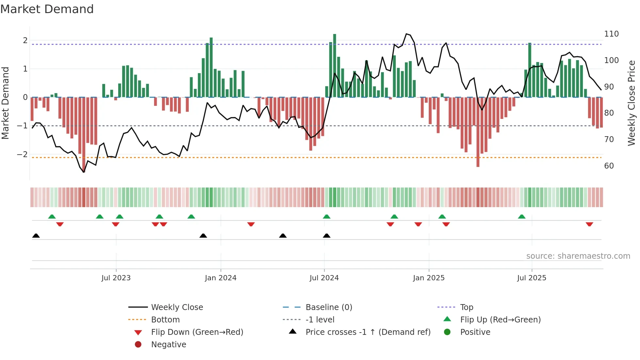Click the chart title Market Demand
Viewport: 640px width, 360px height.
[x=47, y=9]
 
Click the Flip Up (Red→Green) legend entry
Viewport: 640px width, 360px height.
[x=500, y=319]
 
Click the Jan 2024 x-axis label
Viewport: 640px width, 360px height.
[x=220, y=278]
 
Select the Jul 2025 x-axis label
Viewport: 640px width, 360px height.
[x=531, y=278]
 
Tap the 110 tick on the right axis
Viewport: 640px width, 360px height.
[x=611, y=34]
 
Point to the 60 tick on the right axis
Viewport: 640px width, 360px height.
[x=609, y=166]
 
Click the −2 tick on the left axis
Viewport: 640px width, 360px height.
[x=22, y=154]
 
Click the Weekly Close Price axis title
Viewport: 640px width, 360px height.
[x=632, y=103]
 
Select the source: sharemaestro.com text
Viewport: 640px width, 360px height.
[x=578, y=256]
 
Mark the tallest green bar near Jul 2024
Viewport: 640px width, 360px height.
[x=334, y=65]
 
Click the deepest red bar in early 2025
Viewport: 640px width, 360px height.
[x=478, y=132]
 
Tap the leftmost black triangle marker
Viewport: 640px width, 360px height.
[x=36, y=236]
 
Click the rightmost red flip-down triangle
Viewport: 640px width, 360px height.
[x=589, y=224]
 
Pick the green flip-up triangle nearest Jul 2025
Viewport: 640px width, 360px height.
[x=521, y=217]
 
